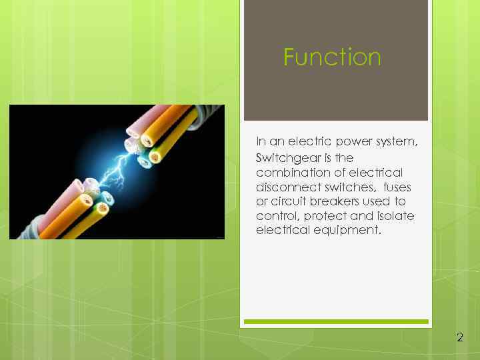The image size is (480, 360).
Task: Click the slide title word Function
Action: [332, 57]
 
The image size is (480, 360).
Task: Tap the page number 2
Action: [460, 337]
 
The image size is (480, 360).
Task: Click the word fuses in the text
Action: [397, 187]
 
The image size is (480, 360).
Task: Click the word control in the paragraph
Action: [275, 216]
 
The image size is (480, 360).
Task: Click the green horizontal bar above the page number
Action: [335, 321]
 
